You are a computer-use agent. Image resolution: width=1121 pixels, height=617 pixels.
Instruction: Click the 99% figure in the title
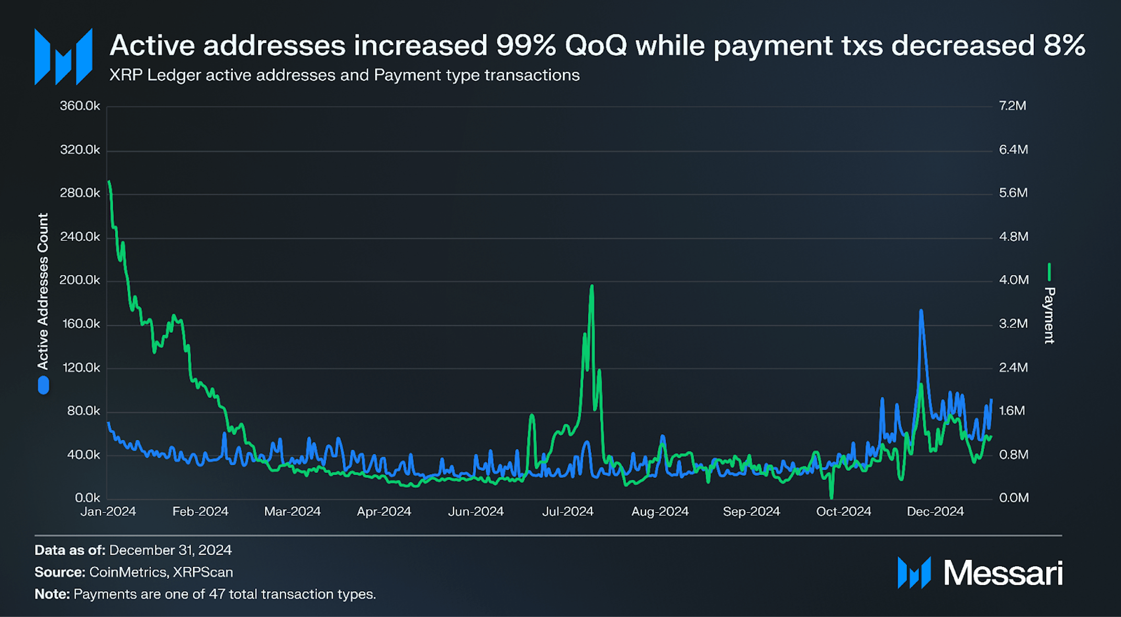coord(525,46)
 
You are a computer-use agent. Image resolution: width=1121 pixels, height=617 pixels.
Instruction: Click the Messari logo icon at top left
coord(63,57)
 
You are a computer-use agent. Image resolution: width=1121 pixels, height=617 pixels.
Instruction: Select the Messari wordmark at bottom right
coord(1002,573)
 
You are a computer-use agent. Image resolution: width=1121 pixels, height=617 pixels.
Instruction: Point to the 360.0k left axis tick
coord(80,106)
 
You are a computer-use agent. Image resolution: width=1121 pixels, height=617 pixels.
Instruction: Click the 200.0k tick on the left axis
coord(80,280)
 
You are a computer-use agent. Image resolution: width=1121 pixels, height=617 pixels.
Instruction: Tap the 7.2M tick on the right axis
coord(1012,106)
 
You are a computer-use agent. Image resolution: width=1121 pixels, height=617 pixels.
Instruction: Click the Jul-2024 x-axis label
coord(567,512)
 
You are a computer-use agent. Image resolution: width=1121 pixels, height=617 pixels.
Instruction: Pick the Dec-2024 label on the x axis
coord(935,512)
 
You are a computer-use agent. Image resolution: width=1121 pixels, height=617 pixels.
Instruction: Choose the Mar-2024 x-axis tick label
coord(292,512)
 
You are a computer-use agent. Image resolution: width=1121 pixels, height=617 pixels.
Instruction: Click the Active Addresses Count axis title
coord(43,291)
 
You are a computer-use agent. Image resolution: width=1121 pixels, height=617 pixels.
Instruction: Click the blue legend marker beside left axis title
coord(43,386)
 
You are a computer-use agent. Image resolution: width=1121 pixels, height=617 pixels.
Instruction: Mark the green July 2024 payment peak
coord(591,287)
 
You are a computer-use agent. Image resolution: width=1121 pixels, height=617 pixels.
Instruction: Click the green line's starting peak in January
coord(109,182)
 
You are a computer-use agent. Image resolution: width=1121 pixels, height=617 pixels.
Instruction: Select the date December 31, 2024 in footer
coord(170,550)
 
